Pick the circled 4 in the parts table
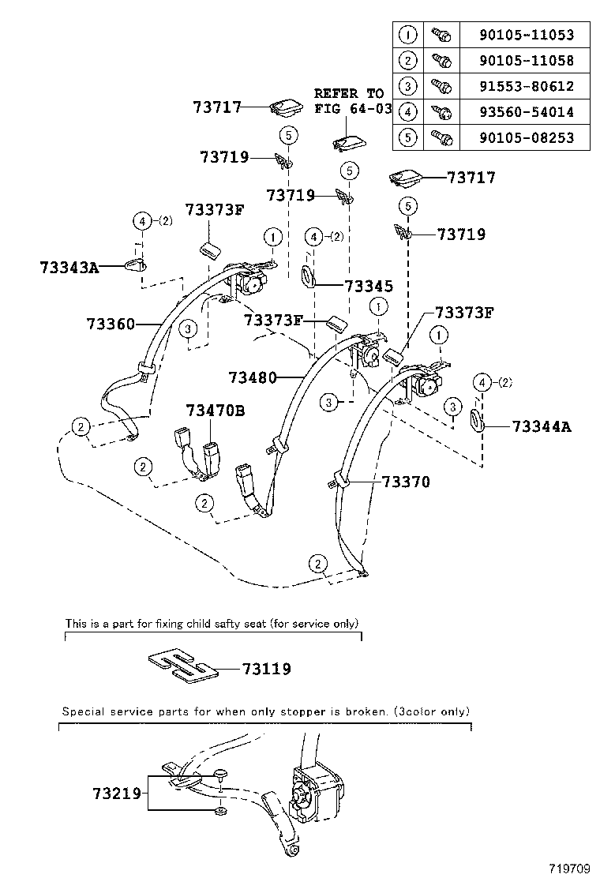pyautogui.click(x=407, y=112)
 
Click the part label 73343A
pyautogui.click(x=69, y=268)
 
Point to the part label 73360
pyautogui.click(x=111, y=324)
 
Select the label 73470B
pyautogui.click(x=216, y=410)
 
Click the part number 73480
pyautogui.click(x=253, y=377)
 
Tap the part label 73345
pyautogui.click(x=369, y=286)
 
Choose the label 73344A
pyautogui.click(x=541, y=427)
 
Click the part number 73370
pyautogui.click(x=406, y=481)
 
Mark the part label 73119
pyautogui.click(x=266, y=669)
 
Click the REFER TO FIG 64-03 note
pyautogui.click(x=352, y=100)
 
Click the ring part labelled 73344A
pyautogui.click(x=476, y=419)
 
